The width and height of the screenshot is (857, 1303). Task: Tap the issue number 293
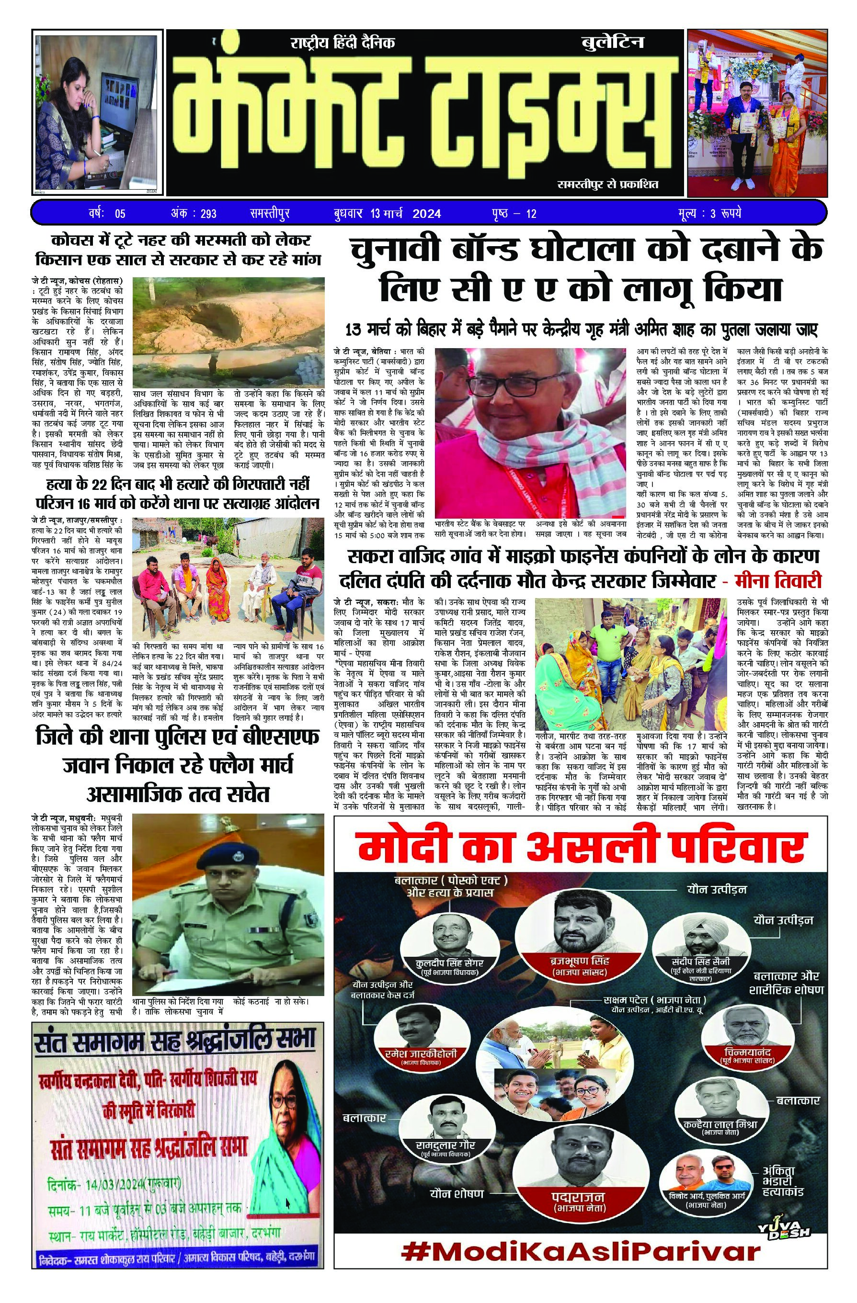(208, 213)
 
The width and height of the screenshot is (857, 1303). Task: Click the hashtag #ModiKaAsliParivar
(581, 1280)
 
